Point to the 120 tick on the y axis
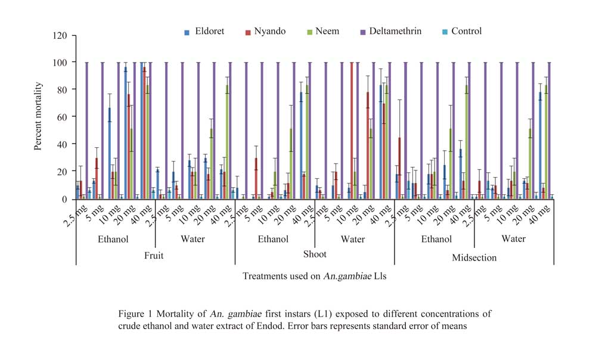click(x=60, y=35)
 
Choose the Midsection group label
click(x=474, y=257)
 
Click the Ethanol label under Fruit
click(x=115, y=239)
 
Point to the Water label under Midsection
click(x=513, y=239)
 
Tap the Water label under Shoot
click(x=354, y=239)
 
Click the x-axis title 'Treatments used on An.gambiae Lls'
click(x=314, y=277)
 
